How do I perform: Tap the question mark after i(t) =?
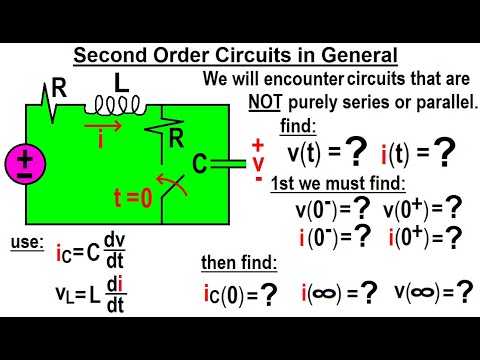coord(444,151)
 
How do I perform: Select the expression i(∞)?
coord(325,294)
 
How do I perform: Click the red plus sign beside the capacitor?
coord(257,144)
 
